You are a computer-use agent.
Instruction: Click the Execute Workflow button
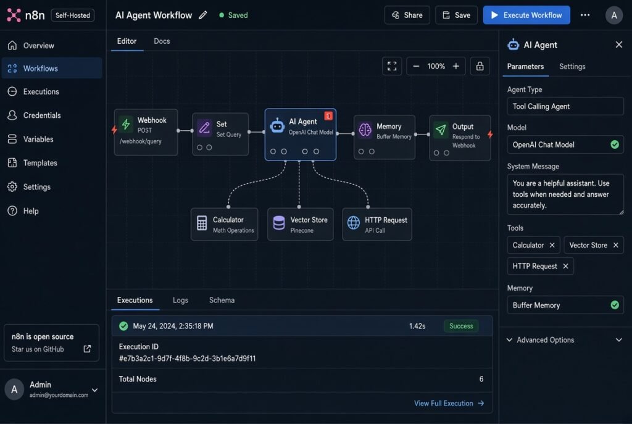tap(526, 15)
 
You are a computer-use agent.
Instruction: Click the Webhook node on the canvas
tap(146, 132)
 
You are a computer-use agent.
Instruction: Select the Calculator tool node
tap(225, 225)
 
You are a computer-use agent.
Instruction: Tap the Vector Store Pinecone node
tap(301, 225)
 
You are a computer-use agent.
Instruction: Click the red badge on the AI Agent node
tap(328, 116)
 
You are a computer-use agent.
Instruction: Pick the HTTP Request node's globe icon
tap(354, 222)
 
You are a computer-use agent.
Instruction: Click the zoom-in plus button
tap(456, 66)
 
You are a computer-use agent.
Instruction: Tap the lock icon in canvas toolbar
tap(480, 66)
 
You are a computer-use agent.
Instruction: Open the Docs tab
tap(162, 41)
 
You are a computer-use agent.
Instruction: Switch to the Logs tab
tap(180, 301)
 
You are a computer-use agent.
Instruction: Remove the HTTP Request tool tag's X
tap(565, 266)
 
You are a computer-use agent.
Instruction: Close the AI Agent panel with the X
tap(619, 44)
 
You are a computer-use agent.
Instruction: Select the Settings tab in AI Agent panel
tap(572, 67)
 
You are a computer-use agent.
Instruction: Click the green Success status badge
tap(461, 326)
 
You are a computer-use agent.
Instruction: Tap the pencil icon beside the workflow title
tap(202, 15)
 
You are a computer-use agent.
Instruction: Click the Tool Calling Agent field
tap(565, 106)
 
